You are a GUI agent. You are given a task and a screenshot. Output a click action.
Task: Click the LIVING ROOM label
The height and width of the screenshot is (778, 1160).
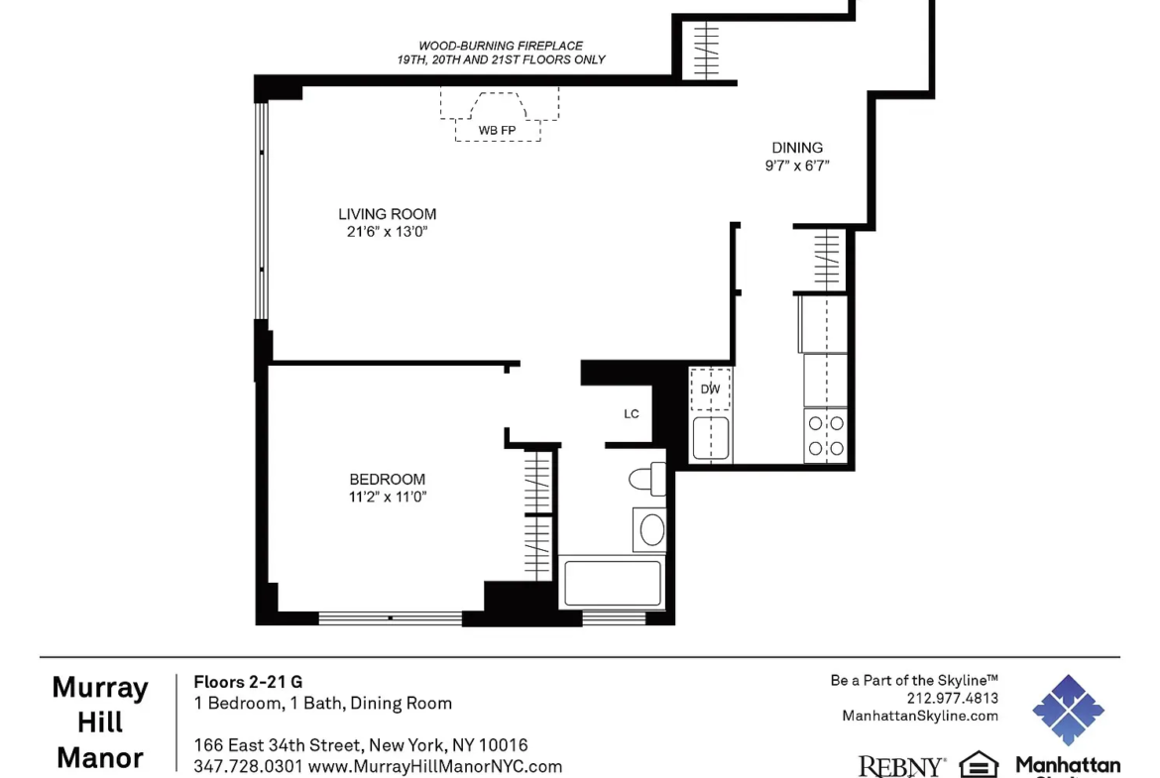click(x=387, y=214)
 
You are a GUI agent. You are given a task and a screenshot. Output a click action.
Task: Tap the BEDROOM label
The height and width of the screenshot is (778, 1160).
click(x=387, y=480)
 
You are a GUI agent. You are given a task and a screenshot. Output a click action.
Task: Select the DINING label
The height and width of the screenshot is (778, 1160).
click(x=797, y=148)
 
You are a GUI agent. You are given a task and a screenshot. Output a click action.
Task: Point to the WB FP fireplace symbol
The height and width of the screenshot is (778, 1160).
click(x=499, y=115)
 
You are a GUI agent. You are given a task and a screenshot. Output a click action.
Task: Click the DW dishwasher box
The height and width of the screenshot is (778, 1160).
click(x=710, y=389)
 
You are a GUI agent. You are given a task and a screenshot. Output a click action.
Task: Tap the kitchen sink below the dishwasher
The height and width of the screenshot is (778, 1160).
click(x=711, y=438)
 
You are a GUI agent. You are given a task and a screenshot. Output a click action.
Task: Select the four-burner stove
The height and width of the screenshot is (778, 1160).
click(x=826, y=436)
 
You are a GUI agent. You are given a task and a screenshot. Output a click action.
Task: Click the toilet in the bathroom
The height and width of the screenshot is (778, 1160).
click(x=648, y=480)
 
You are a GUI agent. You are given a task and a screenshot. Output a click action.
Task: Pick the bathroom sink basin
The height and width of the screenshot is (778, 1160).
click(x=651, y=529)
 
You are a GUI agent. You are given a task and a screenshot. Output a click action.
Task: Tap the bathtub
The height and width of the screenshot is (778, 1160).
click(x=612, y=583)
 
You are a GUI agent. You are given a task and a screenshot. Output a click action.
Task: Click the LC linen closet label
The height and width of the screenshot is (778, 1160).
click(x=631, y=414)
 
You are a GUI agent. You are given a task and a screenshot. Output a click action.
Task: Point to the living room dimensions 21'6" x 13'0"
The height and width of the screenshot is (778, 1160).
click(x=387, y=232)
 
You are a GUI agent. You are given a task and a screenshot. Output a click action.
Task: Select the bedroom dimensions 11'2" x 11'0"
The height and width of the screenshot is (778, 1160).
click(x=388, y=497)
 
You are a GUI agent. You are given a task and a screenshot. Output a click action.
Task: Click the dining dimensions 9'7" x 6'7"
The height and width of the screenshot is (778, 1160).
click(x=797, y=166)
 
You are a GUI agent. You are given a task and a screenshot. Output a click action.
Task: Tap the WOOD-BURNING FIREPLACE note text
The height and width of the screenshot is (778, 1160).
click(x=501, y=46)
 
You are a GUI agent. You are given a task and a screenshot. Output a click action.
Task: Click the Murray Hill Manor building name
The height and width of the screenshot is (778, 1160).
click(x=100, y=722)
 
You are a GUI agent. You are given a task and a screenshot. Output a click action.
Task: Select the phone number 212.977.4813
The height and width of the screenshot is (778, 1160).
click(x=953, y=698)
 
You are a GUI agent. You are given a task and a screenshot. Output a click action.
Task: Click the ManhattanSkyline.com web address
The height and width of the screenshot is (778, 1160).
click(x=920, y=716)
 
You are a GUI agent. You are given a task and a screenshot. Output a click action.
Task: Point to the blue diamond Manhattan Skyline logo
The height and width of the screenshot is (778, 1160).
click(x=1068, y=710)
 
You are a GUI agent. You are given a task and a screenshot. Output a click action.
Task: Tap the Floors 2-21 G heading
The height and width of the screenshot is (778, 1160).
click(x=248, y=682)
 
